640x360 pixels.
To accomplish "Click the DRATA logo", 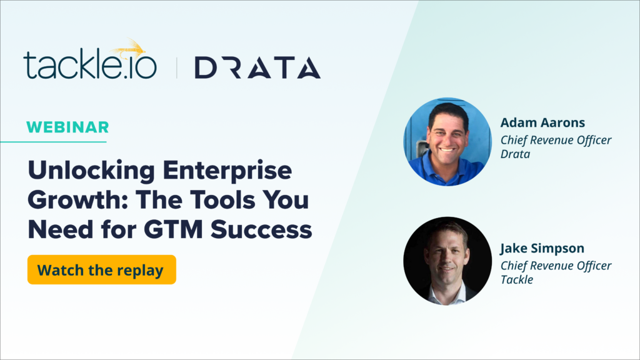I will [257, 67].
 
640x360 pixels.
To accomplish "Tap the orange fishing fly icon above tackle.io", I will [132, 47].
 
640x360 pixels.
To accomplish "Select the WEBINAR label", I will [67, 127].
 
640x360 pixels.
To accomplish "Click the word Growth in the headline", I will [71, 201].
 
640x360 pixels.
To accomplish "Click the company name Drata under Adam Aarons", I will [515, 154].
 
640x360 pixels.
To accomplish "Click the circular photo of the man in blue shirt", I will [447, 141].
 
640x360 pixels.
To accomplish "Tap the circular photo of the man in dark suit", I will [447, 261].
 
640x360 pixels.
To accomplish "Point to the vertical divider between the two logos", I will [176, 67].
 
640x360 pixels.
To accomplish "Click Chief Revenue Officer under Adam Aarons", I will [556, 139].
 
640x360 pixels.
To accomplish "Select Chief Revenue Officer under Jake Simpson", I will [556, 265].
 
